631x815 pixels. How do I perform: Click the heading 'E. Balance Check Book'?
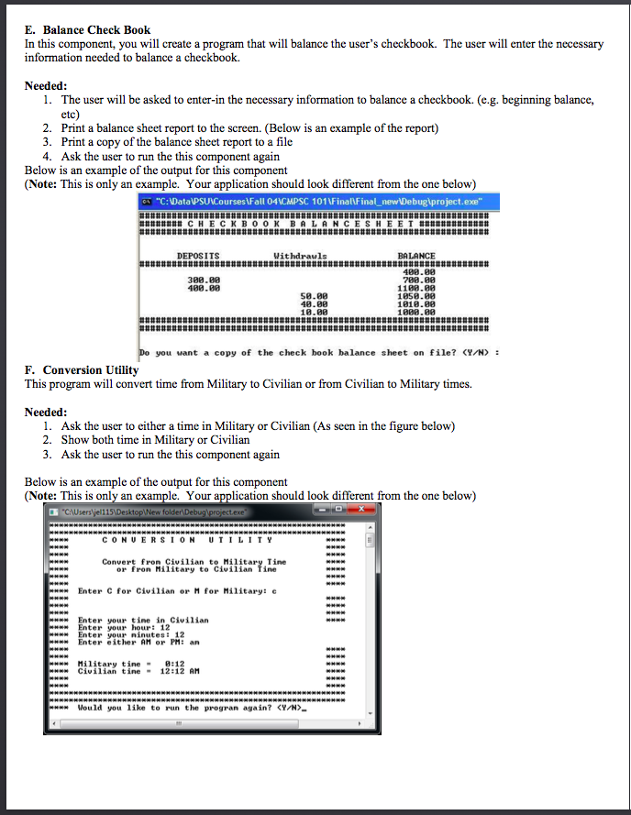coord(87,30)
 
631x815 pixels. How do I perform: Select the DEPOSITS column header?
coord(198,256)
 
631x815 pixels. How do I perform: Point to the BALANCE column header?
coord(416,256)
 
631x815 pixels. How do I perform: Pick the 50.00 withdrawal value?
coord(314,295)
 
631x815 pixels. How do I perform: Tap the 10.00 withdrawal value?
coord(314,312)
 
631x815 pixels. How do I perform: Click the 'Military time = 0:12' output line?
coord(135,663)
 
